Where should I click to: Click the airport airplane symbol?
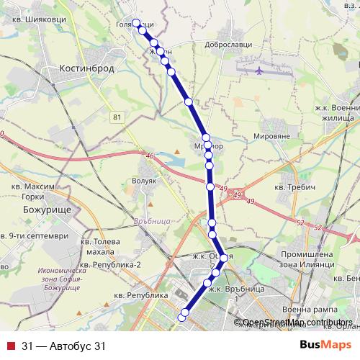click(x=259, y=71)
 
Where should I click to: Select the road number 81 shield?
click(x=117, y=114)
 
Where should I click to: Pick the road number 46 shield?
click(x=150, y=156)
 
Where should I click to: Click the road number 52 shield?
click(x=318, y=228)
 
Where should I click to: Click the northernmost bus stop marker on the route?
click(x=135, y=22)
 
